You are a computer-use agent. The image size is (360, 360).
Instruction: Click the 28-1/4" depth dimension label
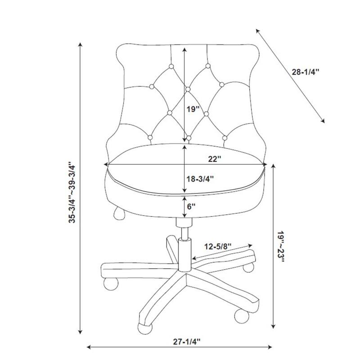tap(306, 72)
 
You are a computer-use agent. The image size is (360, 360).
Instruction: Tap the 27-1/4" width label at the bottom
tap(187, 342)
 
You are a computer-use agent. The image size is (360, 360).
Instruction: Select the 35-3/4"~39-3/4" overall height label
tap(72, 193)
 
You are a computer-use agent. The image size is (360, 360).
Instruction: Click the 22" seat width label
tap(215, 159)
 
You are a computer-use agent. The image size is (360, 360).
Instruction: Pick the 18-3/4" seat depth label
tap(200, 179)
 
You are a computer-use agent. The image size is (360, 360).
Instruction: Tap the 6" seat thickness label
tap(191, 207)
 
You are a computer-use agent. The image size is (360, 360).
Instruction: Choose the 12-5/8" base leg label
tap(218, 247)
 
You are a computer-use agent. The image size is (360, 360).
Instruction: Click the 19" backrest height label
tap(193, 109)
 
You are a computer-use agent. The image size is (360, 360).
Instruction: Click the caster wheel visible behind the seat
tap(119, 213)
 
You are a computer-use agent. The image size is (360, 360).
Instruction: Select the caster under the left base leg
tap(111, 283)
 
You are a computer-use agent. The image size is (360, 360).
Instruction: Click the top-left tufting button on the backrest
tap(171, 67)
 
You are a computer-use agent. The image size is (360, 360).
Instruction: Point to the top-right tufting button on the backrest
tap(208, 66)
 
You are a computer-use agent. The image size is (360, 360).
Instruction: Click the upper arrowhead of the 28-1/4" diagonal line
tap(257, 31)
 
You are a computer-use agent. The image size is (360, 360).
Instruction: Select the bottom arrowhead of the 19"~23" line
tap(273, 326)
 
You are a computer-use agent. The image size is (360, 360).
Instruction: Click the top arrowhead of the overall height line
tap(80, 45)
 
